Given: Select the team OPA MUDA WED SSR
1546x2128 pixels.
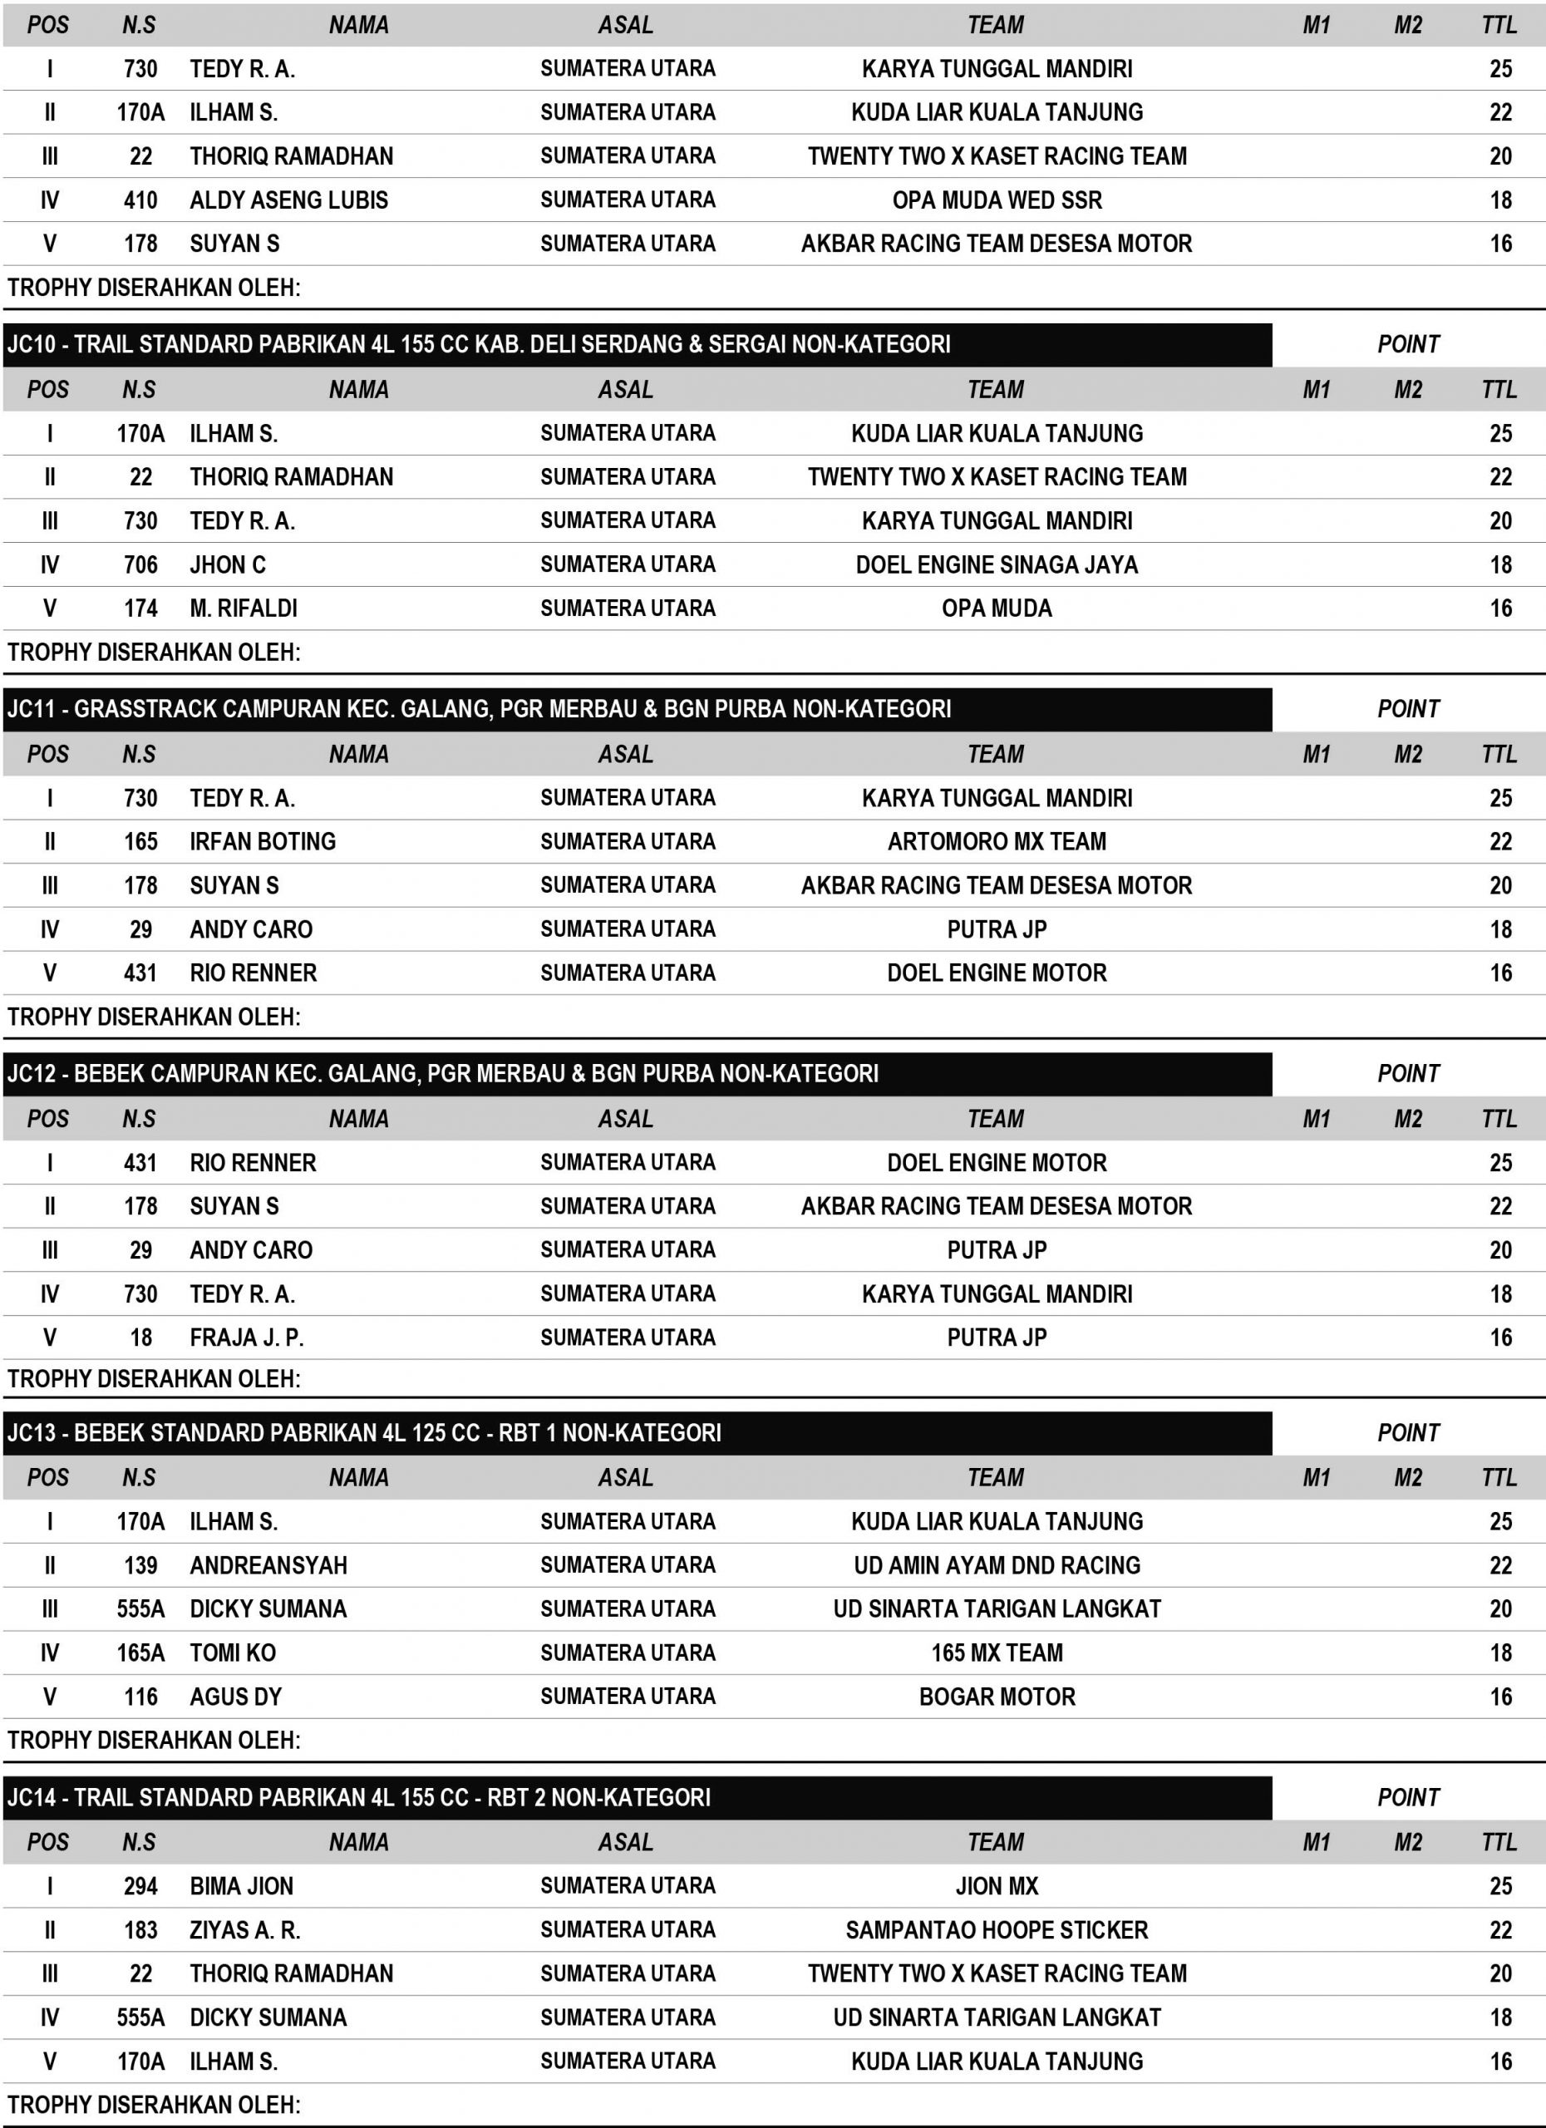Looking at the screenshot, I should coord(997,199).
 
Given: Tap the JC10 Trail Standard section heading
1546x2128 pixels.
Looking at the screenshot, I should coord(479,344).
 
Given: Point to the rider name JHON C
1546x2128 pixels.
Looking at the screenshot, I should coord(228,565).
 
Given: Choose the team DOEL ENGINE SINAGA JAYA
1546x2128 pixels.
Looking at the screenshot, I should coord(997,565).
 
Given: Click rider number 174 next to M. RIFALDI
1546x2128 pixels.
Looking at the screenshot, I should coord(140,608).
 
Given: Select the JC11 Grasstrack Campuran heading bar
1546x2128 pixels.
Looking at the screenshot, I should coord(479,709).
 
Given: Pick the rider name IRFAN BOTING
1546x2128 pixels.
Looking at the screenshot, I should coord(263,841).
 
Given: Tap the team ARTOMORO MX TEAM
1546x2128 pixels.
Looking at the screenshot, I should coord(997,841).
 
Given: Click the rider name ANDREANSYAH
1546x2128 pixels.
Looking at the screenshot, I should coord(268,1565).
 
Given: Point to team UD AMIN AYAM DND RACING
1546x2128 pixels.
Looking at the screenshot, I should coord(997,1565).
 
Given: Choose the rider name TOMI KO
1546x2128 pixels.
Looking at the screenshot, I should coord(233,1653).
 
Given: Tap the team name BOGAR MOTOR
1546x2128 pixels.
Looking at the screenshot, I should coord(997,1697).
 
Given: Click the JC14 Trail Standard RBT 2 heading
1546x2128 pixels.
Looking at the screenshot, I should coord(358,1798).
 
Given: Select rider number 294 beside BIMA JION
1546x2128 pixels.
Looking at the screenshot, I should coord(140,1886).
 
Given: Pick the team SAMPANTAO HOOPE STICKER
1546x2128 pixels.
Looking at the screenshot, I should coord(997,1930).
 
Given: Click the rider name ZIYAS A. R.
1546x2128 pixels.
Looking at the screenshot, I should coord(245,1930).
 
